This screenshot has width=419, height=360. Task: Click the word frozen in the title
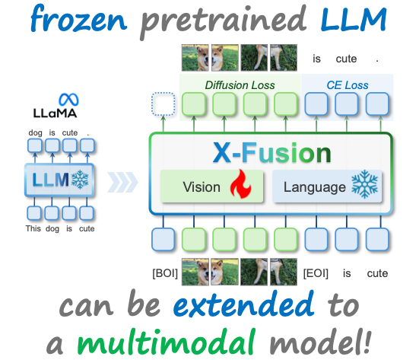click(x=78, y=19)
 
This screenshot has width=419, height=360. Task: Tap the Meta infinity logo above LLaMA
click(x=68, y=100)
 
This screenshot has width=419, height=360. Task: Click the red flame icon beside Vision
click(x=240, y=183)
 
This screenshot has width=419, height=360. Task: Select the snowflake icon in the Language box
click(x=364, y=185)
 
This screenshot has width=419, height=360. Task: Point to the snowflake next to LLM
click(x=80, y=179)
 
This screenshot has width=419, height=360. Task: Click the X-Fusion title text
click(x=271, y=153)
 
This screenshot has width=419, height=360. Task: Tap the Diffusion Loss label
click(x=240, y=85)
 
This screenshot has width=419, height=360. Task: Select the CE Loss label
click(x=347, y=85)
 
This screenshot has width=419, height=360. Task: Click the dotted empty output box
click(x=163, y=104)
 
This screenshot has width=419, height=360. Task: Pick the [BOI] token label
click(x=165, y=273)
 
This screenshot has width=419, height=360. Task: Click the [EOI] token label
click(x=316, y=273)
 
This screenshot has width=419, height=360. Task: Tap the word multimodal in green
click(x=166, y=342)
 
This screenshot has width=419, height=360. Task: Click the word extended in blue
click(x=243, y=304)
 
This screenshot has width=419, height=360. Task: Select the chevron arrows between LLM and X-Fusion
click(x=122, y=183)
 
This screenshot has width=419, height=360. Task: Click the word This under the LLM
click(x=33, y=228)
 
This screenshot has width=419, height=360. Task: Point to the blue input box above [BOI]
click(x=163, y=240)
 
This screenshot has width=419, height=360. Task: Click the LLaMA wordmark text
click(x=55, y=113)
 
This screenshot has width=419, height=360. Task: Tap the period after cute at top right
click(x=377, y=61)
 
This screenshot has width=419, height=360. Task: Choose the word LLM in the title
click(x=354, y=19)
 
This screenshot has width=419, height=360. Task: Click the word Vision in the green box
click(x=202, y=187)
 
